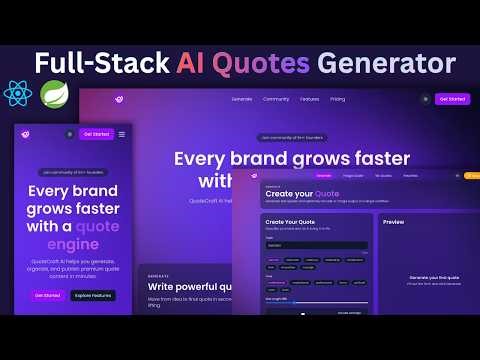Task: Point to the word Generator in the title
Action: pos(387,63)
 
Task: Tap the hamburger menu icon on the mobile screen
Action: pos(122,134)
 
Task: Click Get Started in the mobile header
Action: pos(97,134)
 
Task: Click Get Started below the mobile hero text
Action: pos(45,295)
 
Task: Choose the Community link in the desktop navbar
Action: pos(276,99)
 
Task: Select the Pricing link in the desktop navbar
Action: pos(338,99)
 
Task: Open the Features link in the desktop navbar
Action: pos(309,99)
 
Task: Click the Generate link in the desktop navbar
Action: pos(242,99)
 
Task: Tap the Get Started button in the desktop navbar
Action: pos(452,99)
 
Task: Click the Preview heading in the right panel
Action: pos(394,221)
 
